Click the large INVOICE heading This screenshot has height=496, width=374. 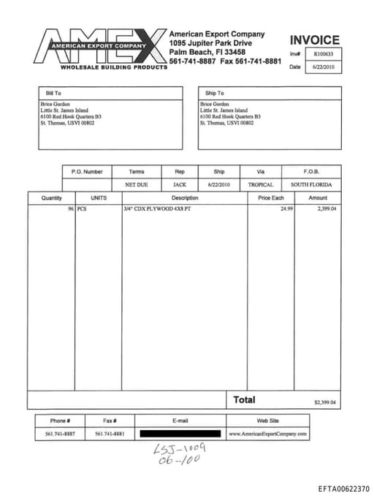click(314, 40)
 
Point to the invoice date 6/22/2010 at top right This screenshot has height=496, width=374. click(322, 67)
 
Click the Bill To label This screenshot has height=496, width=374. click(53, 94)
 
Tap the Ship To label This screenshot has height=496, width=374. click(215, 94)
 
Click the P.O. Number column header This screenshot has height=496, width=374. click(87, 171)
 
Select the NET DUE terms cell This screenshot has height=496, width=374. click(137, 185)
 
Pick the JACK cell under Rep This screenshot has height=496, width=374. click(180, 185)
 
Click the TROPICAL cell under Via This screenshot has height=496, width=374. click(260, 185)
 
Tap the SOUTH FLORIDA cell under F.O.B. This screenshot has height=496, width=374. click(311, 185)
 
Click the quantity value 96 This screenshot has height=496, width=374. click(71, 209)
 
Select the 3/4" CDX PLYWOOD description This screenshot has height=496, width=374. click(157, 209)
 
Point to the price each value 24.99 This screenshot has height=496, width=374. click(286, 209)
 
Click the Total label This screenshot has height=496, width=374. click(244, 400)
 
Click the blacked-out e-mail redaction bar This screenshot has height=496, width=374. click(180, 434)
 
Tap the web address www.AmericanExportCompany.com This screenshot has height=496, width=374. click(268, 434)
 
